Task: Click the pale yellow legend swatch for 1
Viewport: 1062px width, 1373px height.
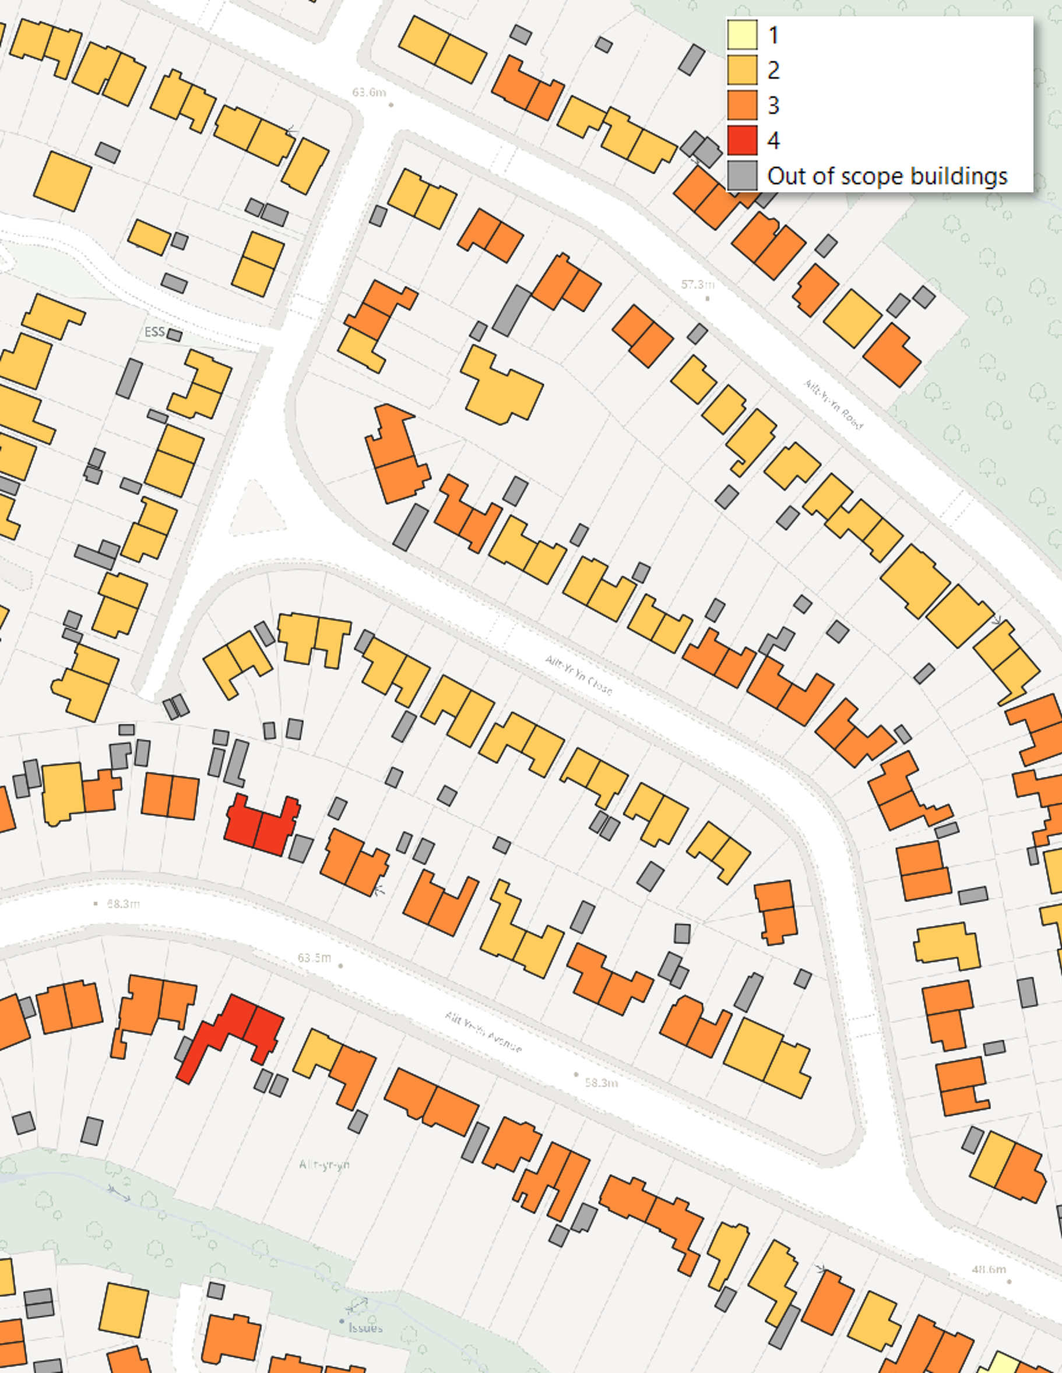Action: (742, 34)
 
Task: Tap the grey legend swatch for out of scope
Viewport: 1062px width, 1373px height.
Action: (742, 175)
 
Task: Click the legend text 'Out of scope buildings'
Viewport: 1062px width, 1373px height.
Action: (887, 176)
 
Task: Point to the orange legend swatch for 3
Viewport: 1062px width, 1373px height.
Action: (742, 105)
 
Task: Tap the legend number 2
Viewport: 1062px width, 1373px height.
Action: (773, 70)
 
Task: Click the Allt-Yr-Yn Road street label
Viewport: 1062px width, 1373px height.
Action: (833, 404)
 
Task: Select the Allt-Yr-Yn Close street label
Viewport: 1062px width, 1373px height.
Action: (578, 675)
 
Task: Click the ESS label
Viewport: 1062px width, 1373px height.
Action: (154, 332)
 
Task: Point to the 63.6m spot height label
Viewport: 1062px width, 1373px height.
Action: (369, 93)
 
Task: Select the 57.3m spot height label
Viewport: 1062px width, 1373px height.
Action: (697, 285)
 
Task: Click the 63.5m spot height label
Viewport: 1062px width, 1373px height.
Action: (314, 958)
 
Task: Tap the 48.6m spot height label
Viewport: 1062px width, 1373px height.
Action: (989, 1269)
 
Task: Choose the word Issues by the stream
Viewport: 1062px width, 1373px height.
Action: (365, 1328)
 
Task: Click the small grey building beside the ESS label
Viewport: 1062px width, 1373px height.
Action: (174, 335)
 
